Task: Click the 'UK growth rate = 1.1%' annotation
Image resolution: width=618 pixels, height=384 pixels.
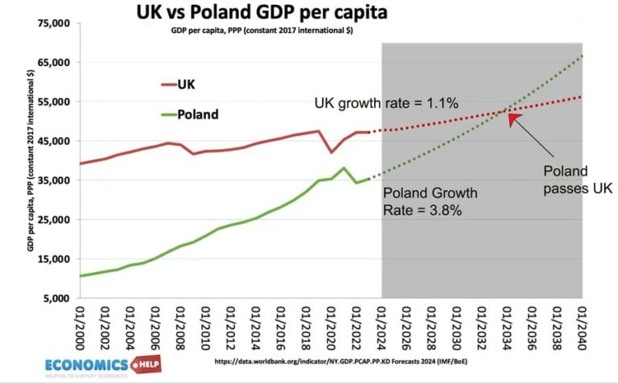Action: pyautogui.click(x=385, y=103)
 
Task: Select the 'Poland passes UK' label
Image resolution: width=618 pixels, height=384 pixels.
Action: pyautogui.click(x=575, y=180)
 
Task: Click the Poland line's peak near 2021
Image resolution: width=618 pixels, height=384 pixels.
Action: pyautogui.click(x=344, y=168)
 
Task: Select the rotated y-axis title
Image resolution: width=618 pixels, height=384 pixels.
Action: pyautogui.click(x=30, y=161)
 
